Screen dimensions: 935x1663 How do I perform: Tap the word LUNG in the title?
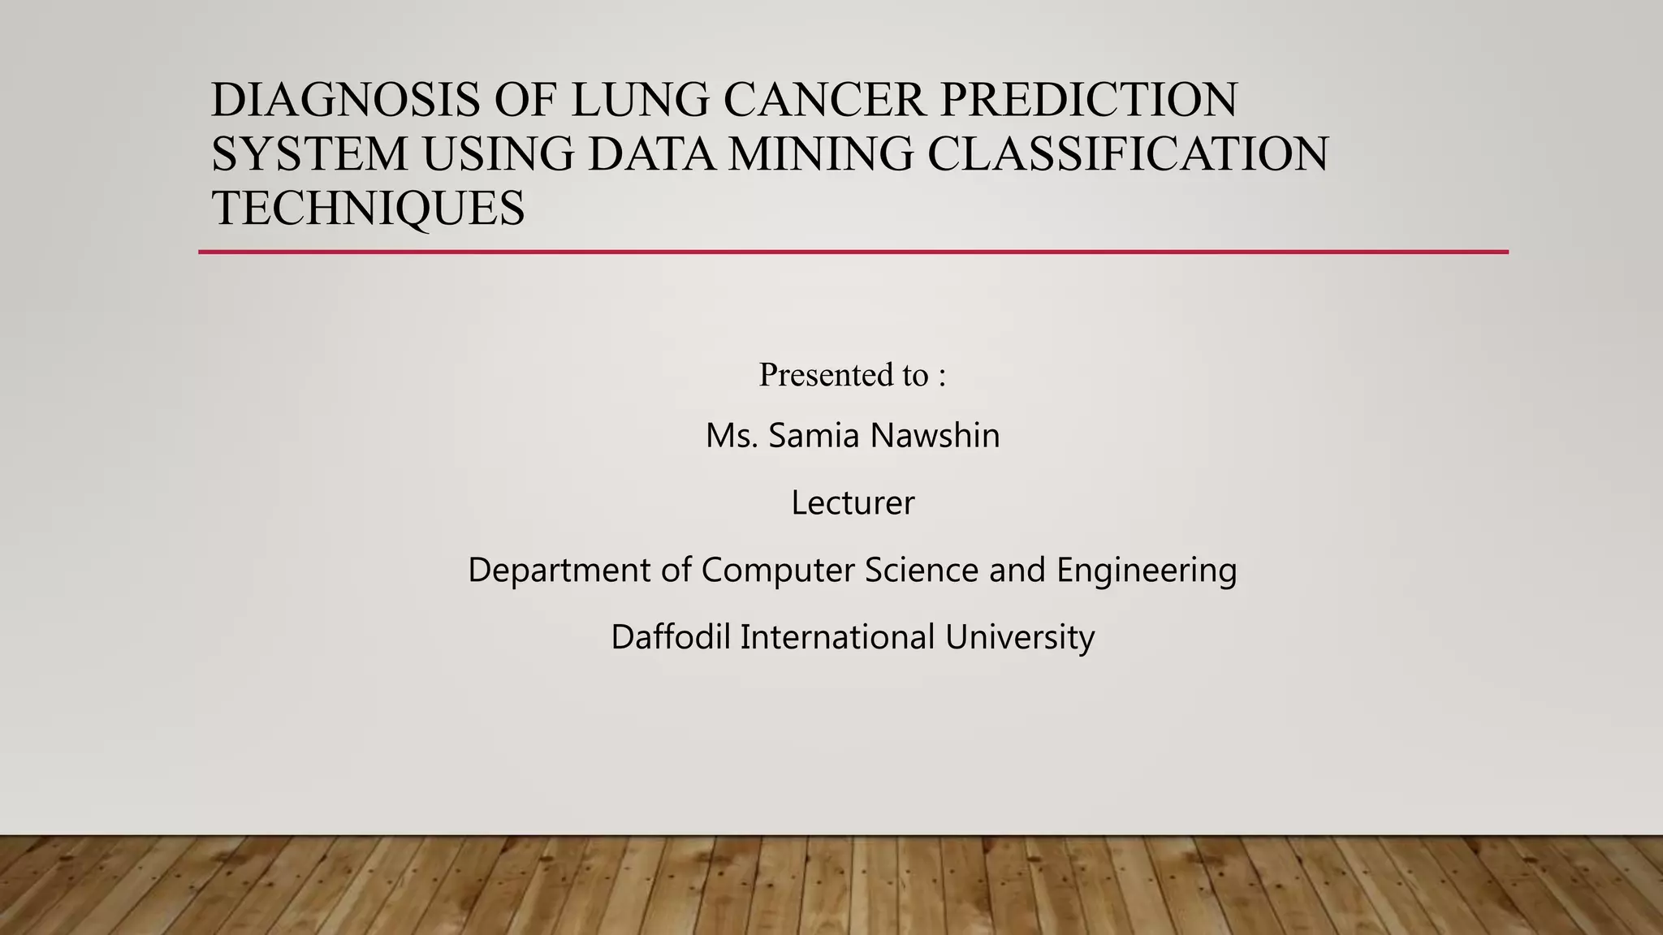(639, 100)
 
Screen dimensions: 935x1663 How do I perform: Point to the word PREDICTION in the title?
(1088, 100)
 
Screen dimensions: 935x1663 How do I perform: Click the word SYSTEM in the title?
(309, 153)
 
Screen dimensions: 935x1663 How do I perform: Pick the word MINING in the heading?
(820, 153)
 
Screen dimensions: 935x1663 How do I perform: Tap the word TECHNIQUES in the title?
(368, 208)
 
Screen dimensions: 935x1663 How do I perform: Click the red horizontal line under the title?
(853, 252)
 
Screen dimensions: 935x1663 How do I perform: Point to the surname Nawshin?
(935, 436)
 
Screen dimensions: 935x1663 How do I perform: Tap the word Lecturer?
(853, 503)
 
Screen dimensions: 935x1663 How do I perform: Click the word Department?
(559, 571)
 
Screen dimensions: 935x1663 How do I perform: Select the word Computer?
(777, 571)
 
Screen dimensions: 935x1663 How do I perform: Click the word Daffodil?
(671, 637)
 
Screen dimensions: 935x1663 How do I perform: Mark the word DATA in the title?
(652, 153)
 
